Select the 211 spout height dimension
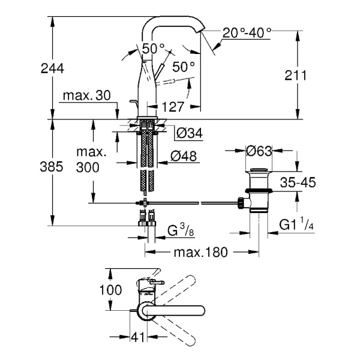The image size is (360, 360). (x=296, y=76)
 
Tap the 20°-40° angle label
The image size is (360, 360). (x=247, y=32)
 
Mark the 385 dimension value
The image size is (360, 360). (x=52, y=168)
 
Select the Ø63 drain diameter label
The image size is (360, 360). (x=260, y=149)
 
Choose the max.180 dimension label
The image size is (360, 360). (x=201, y=253)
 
